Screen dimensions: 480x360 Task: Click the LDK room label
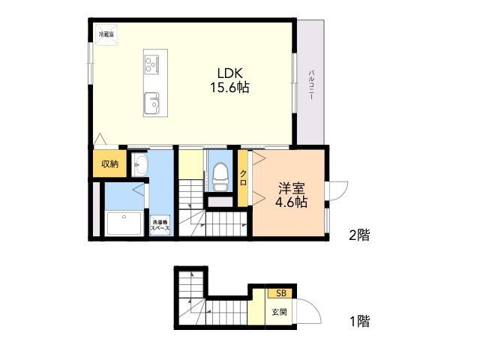230,73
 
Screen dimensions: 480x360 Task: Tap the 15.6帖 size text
229,88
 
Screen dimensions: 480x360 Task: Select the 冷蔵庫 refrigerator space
106,34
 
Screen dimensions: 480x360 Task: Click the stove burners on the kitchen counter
151,64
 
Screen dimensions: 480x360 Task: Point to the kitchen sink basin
151,103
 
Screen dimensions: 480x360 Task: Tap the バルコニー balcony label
312,85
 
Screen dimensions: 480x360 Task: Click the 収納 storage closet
109,163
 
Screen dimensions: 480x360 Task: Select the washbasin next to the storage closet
140,164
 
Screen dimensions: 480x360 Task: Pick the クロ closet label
243,178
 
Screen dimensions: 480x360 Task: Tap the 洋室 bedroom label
292,188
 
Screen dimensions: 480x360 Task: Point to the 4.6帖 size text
292,202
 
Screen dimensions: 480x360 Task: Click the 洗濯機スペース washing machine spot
160,225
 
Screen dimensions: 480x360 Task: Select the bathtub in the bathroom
124,223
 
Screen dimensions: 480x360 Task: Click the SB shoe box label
281,293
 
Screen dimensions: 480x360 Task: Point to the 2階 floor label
360,235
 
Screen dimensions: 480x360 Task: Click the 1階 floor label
360,321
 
